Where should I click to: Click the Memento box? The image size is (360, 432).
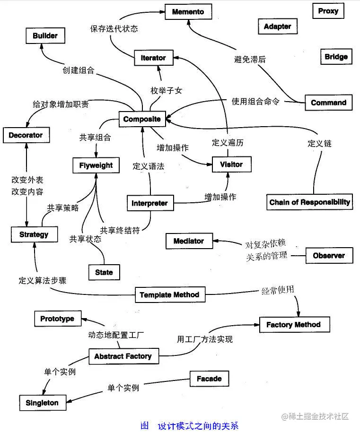188,11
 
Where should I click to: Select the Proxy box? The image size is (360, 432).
328,11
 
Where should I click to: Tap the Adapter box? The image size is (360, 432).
277,26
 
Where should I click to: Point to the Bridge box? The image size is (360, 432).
336,57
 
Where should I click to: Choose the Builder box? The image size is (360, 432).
45,36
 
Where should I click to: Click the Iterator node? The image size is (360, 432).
153,58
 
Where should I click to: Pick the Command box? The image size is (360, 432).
328,103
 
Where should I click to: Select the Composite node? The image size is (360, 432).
142,119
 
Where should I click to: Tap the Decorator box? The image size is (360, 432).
26,135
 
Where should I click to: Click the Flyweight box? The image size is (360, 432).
96,165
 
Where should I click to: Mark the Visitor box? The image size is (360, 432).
231,164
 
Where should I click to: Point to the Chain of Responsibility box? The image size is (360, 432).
310,202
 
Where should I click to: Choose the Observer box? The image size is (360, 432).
329,256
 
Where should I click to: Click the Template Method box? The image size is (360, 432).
169,295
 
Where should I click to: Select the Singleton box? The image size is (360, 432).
42,403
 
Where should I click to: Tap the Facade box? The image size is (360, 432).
209,379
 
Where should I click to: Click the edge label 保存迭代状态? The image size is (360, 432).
114,28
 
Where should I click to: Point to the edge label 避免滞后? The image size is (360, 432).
250,60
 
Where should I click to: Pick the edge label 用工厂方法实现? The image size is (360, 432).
205,339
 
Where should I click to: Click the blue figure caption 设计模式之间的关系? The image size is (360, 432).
198,425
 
